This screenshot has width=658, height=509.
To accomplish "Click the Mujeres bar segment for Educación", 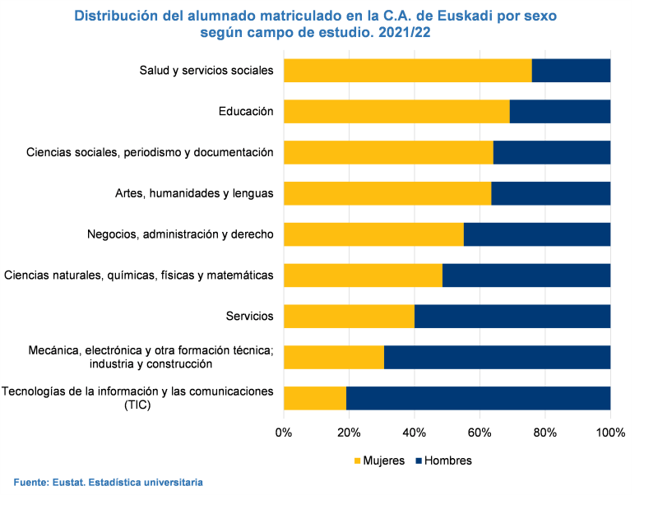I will tap(396, 111).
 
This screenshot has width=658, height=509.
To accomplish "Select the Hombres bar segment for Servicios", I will tap(512, 316).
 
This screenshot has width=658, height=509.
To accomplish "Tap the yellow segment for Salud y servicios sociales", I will tap(407, 71).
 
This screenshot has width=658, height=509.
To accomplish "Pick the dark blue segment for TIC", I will tap(478, 397).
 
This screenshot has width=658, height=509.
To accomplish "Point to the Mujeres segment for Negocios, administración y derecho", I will tap(373, 234).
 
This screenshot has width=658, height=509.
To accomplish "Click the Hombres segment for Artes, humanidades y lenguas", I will tap(550, 193).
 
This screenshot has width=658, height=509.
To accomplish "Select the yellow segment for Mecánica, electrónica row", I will tap(333, 357).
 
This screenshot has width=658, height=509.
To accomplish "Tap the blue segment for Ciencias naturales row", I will tap(526, 275).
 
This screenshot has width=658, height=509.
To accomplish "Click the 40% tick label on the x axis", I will tap(414, 433).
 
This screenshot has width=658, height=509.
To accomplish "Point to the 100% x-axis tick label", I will tap(610, 433).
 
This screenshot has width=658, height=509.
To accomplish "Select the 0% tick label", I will tap(284, 433).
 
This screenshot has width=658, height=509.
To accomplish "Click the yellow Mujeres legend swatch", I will tap(358, 460).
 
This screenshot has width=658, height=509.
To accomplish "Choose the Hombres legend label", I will tap(447, 460).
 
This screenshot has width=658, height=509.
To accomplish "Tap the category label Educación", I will tap(246, 111).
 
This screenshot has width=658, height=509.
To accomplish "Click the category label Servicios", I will tap(249, 316).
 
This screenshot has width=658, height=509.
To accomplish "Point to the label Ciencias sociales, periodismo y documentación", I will tap(150, 152).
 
